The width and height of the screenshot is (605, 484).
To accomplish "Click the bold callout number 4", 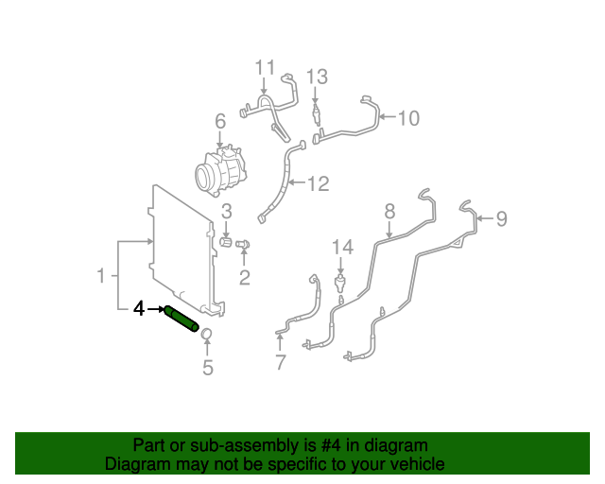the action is point(139,309).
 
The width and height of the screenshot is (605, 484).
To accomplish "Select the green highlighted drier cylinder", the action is point(181,319).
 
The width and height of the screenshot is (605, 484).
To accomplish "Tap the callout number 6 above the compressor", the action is point(220,122).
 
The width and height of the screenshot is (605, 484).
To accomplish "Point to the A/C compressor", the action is point(220,170).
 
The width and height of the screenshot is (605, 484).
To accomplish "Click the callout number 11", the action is point(265,67).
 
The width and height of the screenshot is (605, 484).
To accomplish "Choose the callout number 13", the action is point(317,77).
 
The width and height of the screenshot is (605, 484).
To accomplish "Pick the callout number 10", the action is point(408,118).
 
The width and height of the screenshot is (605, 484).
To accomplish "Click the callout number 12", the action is point(319,183).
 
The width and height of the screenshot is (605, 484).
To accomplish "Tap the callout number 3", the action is point(227,211).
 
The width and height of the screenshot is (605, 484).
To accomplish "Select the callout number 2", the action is point(244,278).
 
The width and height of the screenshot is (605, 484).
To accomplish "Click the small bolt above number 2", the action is point(243,244).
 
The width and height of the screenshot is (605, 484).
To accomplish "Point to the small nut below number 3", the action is point(226,243).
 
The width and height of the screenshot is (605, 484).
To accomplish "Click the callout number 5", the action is point(208,367).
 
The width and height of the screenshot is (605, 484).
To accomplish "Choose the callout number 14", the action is point(342,247).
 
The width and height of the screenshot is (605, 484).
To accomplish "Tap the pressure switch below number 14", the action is point(340,284).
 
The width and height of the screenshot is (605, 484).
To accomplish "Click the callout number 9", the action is point(501,218).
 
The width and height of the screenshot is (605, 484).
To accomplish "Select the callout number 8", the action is point(389,212).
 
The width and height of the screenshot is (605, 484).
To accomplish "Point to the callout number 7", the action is point(281,362).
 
